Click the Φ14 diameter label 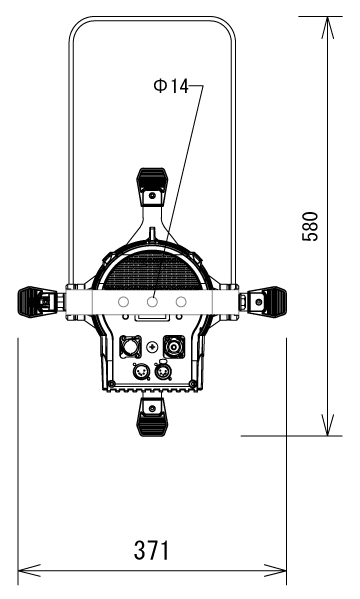[171, 86]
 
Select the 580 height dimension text [310, 226]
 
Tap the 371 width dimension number [151, 550]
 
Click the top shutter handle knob [152, 187]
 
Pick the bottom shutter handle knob [152, 417]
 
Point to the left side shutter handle [37, 302]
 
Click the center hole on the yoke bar [152, 302]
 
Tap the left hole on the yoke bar [123, 302]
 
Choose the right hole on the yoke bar [181, 302]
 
